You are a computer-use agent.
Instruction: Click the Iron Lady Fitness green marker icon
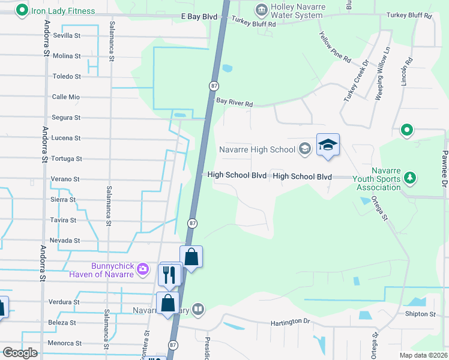click(22, 10)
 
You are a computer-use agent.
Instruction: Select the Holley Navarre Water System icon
click(261, 10)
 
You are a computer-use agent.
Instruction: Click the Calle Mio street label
click(66, 97)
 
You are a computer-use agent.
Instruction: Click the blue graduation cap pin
click(328, 145)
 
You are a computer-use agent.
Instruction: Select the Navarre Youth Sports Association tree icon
click(410, 177)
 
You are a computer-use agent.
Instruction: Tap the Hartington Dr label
click(290, 322)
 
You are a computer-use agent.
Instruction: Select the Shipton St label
click(420, 314)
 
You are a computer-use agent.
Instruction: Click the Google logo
click(20, 352)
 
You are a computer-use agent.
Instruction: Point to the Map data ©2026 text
click(423, 355)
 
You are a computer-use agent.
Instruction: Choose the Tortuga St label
click(66, 158)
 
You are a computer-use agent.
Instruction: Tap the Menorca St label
click(65, 343)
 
